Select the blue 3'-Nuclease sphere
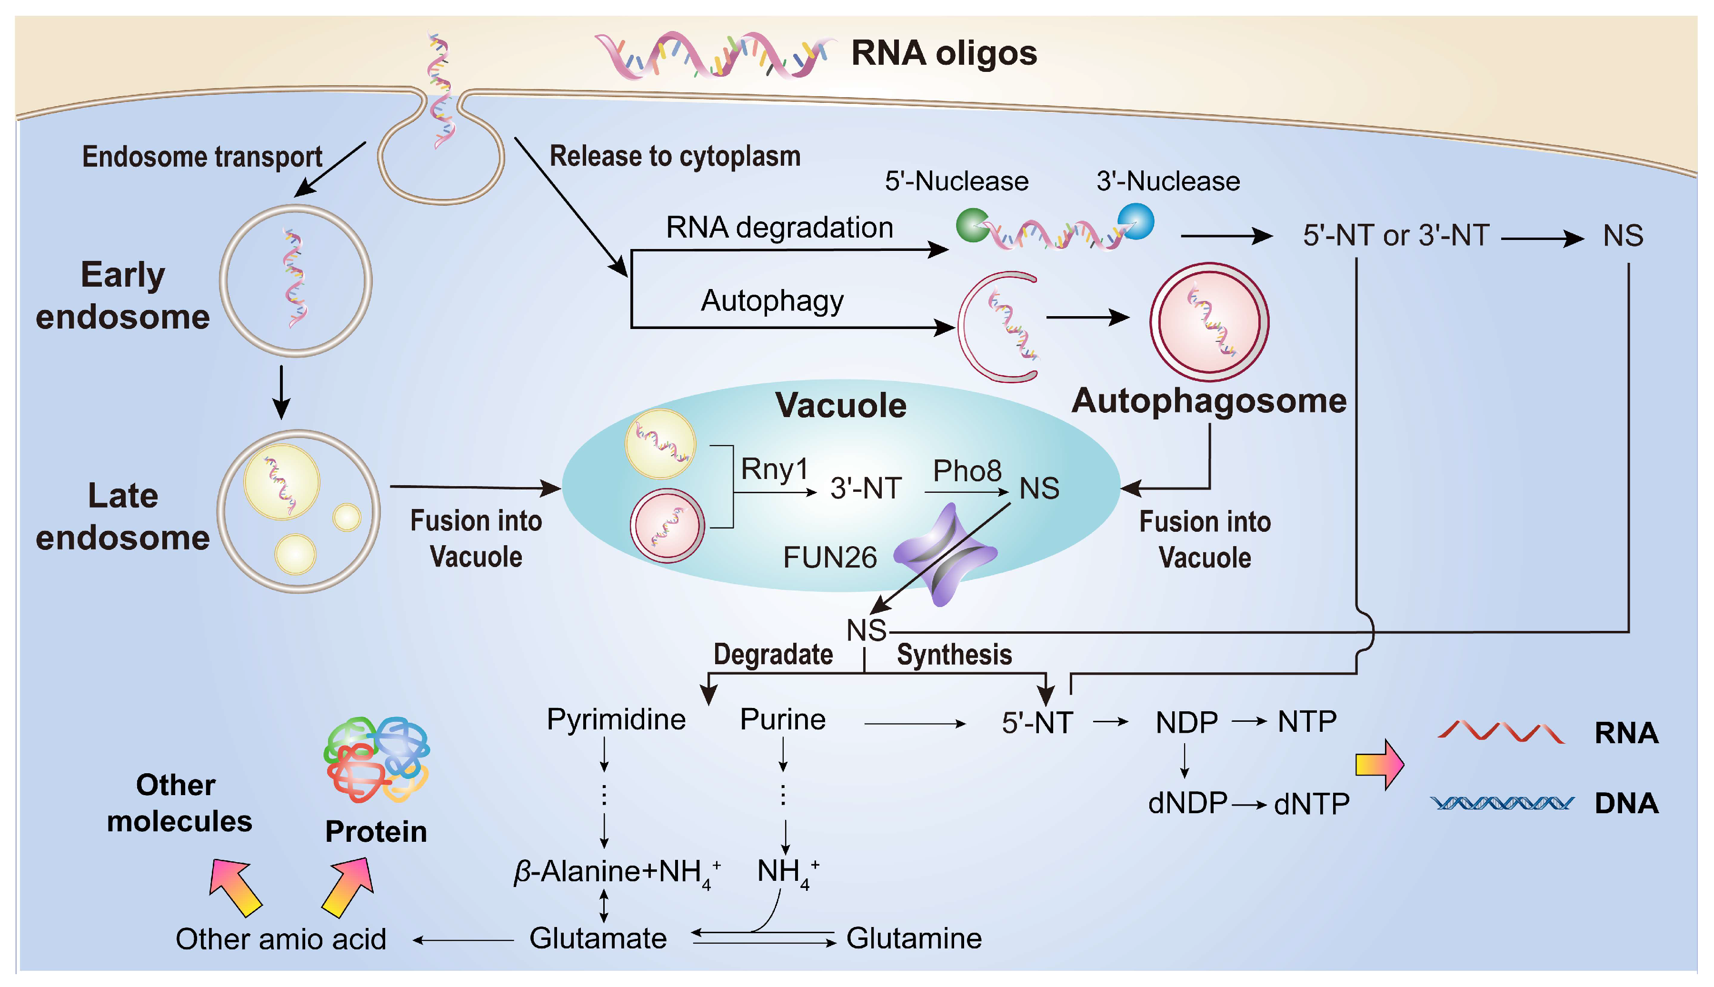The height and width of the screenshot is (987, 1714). click(1136, 221)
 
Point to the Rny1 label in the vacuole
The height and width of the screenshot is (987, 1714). click(774, 469)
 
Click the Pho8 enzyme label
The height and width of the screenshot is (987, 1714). click(967, 470)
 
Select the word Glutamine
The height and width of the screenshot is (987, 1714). click(914, 938)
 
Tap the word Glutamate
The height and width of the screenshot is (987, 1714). click(598, 938)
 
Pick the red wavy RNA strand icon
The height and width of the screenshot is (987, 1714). click(1501, 733)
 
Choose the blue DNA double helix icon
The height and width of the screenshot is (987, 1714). click(1501, 803)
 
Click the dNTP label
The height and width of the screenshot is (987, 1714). click(1311, 804)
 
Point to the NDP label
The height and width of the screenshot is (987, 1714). click(1186, 723)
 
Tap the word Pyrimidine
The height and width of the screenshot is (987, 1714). click(616, 719)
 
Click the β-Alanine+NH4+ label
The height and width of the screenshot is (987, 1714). click(616, 872)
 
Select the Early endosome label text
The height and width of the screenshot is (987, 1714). click(123, 296)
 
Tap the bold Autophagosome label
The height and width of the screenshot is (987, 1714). click(1208, 400)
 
